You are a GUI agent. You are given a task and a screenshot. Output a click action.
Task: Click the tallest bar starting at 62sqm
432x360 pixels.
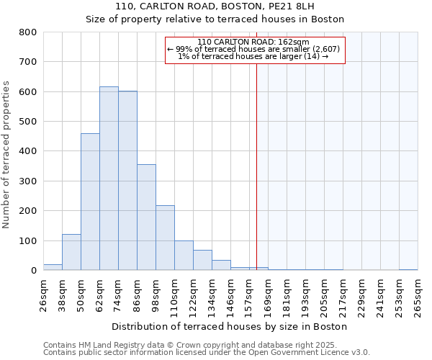109,179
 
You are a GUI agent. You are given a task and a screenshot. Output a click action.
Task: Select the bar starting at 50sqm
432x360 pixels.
90,202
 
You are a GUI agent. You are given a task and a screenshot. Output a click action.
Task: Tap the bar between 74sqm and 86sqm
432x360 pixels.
127,181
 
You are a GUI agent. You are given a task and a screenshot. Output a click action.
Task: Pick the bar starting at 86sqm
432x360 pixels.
146,217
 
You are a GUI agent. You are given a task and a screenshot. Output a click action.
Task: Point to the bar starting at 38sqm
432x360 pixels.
71,252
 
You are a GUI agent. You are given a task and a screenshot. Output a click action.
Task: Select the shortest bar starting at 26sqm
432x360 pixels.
53,267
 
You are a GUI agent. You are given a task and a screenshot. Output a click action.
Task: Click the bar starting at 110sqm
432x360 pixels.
184,256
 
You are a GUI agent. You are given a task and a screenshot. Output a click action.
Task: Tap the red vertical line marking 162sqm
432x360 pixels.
256,166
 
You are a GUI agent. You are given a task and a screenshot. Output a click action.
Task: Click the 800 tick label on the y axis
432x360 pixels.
27,32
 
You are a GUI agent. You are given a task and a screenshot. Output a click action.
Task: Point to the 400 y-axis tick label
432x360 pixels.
27,151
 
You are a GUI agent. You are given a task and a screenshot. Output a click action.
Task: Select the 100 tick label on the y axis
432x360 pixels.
27,240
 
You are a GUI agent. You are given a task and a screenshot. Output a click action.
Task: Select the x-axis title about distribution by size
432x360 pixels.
230,326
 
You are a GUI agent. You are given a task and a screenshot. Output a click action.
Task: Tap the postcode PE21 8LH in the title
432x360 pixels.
295,6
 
